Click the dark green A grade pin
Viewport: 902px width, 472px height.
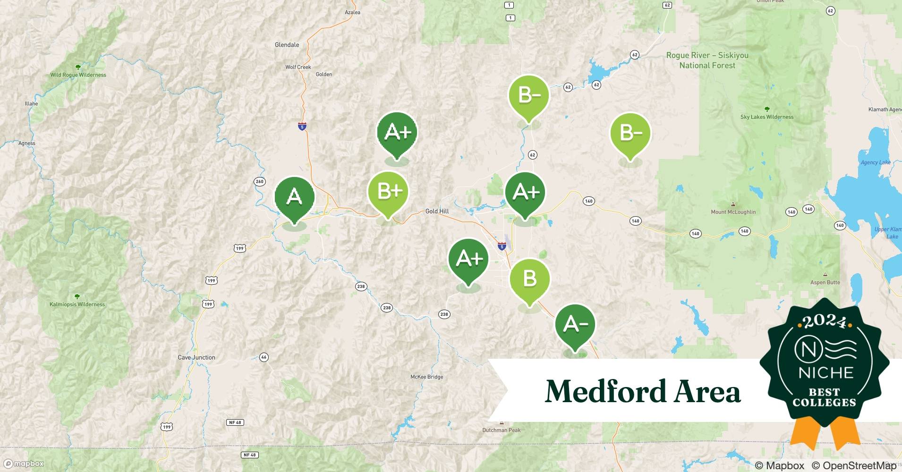coord(294,197)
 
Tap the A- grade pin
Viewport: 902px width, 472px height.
coord(575,324)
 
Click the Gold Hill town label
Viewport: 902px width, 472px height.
coord(437,211)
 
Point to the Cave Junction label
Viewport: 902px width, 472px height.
coord(196,357)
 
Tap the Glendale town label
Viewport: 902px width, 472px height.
coord(287,45)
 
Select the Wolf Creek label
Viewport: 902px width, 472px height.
coord(298,67)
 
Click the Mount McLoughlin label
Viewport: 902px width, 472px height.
coord(733,212)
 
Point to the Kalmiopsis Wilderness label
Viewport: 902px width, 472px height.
coord(77,304)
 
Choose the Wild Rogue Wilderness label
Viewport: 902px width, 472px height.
coord(78,75)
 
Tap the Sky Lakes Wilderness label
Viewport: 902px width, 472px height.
coord(767,117)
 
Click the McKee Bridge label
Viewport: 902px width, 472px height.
coord(426,377)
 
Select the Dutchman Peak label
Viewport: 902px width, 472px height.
coord(501,430)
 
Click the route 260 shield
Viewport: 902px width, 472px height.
coord(259,181)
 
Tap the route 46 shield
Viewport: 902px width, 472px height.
coord(264,357)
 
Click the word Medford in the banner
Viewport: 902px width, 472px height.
coord(605,391)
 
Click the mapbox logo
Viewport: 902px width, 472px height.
coord(24,464)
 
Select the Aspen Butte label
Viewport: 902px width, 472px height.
coord(825,282)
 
